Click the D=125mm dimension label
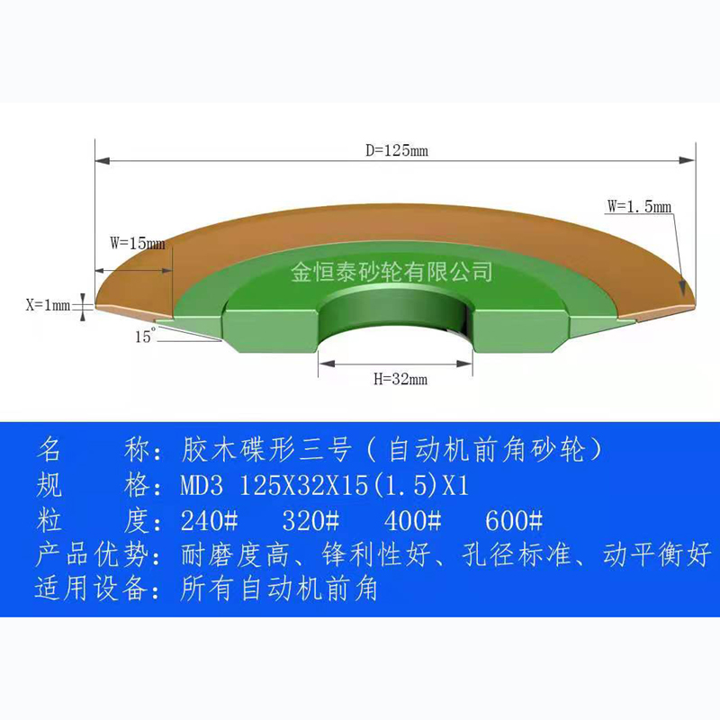pyautogui.click(x=396, y=151)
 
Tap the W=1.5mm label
pyautogui.click(x=639, y=206)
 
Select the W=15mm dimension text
pyautogui.click(x=137, y=242)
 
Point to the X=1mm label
pyautogui.click(x=47, y=306)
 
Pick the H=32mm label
pyautogui.click(x=400, y=379)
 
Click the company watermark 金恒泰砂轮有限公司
pyautogui.click(x=391, y=270)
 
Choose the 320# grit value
pyautogui.click(x=310, y=520)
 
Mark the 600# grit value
pyautogui.click(x=513, y=520)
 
